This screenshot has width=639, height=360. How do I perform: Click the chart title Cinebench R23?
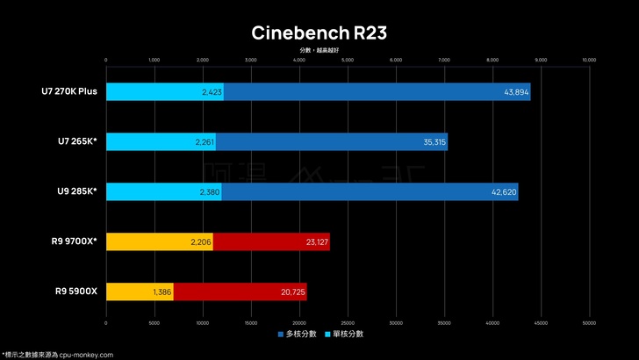coord(319,33)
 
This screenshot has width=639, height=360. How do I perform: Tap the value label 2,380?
coord(204,192)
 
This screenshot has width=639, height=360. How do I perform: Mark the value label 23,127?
coord(312,242)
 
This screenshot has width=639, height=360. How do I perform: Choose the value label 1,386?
coord(162,292)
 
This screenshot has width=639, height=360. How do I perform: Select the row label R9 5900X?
coord(76,292)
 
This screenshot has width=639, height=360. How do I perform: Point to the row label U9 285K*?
coord(76,191)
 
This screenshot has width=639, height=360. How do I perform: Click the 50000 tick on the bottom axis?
coord(588,323)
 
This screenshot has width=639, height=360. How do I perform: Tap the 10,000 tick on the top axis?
coord(588,61)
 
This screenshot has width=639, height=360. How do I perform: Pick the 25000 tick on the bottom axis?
coord(347,323)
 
